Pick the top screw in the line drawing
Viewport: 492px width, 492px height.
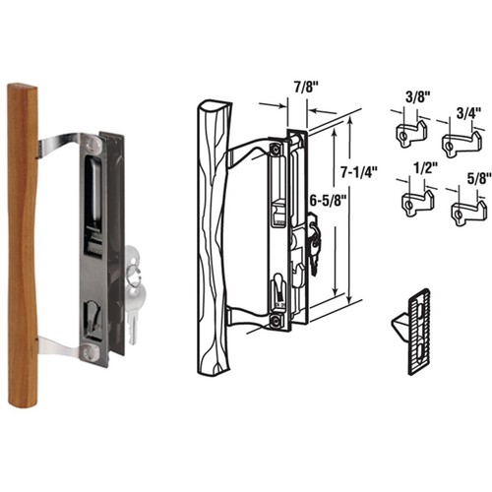click(x=277, y=150)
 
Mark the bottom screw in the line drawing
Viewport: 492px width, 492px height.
click(x=277, y=319)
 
